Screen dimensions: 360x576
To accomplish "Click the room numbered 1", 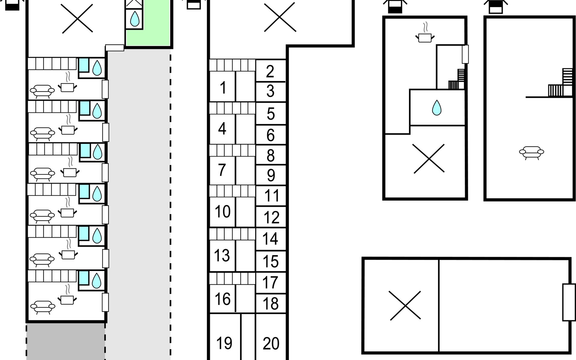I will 222,87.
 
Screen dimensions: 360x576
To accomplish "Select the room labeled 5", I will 271,114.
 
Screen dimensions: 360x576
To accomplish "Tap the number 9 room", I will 271,175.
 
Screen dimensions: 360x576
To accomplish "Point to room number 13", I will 222,255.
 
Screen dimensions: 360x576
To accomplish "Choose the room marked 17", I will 270,283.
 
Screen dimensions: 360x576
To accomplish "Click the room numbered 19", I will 224,343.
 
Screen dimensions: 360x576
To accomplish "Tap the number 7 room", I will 222,170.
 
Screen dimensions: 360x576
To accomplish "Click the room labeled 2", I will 270,71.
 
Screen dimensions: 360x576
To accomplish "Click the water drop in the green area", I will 135,19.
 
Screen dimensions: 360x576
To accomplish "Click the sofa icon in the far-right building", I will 531,152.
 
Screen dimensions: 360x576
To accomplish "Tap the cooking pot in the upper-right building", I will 425,37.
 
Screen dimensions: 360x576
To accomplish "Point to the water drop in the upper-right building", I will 436,108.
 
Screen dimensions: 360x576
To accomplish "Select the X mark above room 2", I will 280,17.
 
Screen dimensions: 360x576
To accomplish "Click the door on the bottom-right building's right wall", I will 568,302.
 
